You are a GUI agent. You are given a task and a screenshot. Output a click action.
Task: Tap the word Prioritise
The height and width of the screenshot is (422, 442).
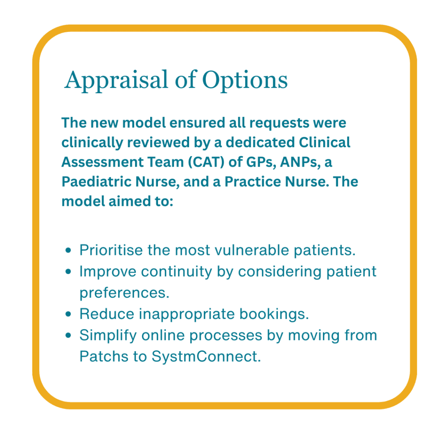[110, 251]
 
